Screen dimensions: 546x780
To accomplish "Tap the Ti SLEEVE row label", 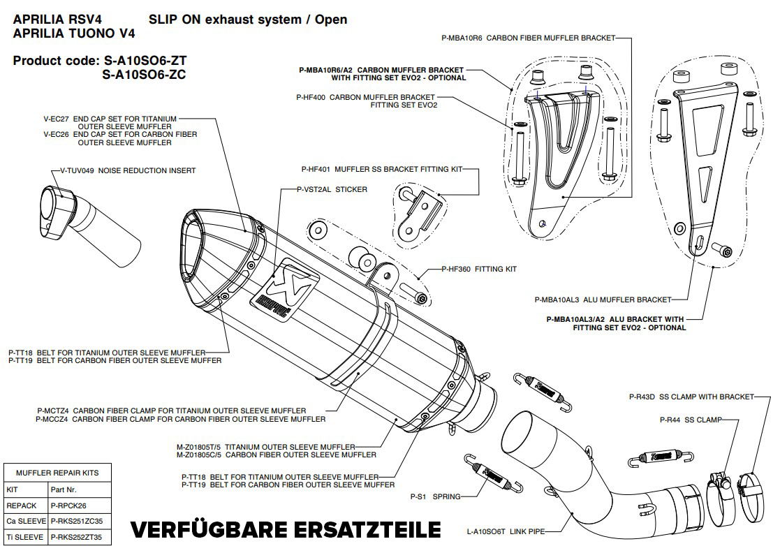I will pos(24,538).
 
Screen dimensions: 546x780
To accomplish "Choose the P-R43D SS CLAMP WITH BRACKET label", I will pos(691,397).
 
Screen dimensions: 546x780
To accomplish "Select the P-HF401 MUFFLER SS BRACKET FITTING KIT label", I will pos(381,169).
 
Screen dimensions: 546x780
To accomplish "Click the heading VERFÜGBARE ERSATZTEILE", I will pos(286,529).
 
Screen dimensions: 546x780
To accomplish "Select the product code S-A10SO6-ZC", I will pos(144,75).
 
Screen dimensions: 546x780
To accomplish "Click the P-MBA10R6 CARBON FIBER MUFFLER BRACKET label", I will pos(529,38).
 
